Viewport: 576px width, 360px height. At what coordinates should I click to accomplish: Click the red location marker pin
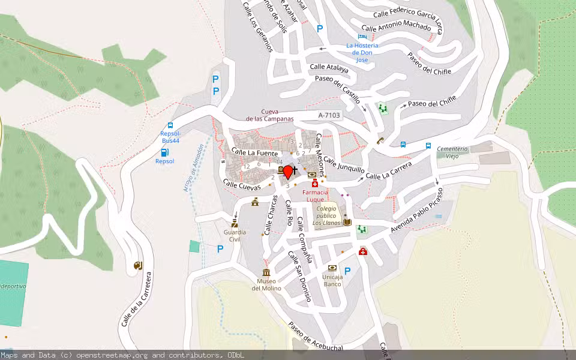[x=288, y=172]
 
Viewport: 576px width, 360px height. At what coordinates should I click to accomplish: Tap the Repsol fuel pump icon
[x=165, y=152]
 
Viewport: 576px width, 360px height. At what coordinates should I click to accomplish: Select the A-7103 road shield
[x=329, y=115]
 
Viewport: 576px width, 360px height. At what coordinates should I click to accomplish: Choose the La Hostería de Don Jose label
[x=362, y=53]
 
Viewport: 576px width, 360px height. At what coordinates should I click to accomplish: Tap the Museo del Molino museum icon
[x=266, y=272]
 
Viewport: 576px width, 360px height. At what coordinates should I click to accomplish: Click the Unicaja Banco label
[x=332, y=280]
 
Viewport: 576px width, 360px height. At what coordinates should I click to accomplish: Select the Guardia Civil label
[x=234, y=235]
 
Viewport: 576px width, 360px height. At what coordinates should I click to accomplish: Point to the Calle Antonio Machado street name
[x=396, y=28]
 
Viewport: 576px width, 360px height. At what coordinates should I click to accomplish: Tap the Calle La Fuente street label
[x=255, y=153]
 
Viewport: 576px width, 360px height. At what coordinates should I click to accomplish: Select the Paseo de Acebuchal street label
[x=316, y=336]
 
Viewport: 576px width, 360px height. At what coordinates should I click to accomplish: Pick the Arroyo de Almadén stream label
[x=194, y=172]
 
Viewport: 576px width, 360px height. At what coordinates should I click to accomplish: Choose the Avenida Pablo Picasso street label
[x=418, y=210]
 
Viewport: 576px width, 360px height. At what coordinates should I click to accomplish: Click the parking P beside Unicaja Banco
[x=347, y=271]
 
